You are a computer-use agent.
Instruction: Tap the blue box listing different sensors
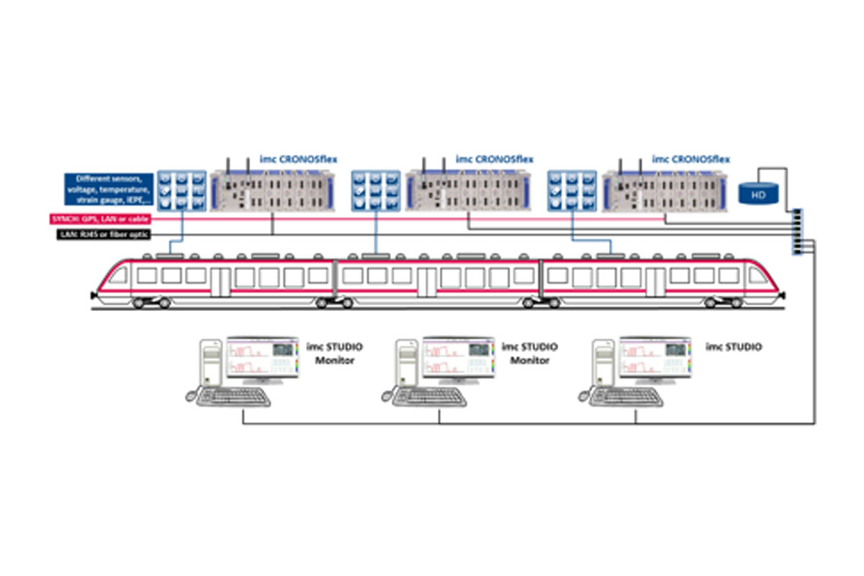(x=107, y=189)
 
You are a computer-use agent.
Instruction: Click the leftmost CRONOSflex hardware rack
(x=270, y=190)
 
